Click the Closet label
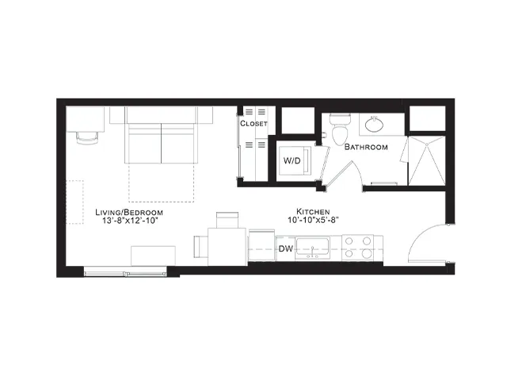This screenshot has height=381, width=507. pos(253,124)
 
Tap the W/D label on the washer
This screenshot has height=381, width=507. pos(292,160)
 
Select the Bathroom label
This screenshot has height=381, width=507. pos(366,147)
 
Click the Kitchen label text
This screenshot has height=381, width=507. pos(313,212)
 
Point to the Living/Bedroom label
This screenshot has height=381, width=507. pos(129,213)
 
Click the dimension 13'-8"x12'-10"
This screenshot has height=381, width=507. pos(130,221)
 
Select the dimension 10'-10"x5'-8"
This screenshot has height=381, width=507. pos(313,220)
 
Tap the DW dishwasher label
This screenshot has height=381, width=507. pos(286,248)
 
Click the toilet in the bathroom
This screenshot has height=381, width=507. pos(340,129)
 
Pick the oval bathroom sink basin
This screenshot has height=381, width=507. pos(375,124)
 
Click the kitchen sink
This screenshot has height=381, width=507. pos(313,248)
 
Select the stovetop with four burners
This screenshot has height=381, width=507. pos(357,247)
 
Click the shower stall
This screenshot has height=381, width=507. pos(427,161)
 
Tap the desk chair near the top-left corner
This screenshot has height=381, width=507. pos(87,137)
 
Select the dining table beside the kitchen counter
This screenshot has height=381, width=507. pos(227,247)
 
